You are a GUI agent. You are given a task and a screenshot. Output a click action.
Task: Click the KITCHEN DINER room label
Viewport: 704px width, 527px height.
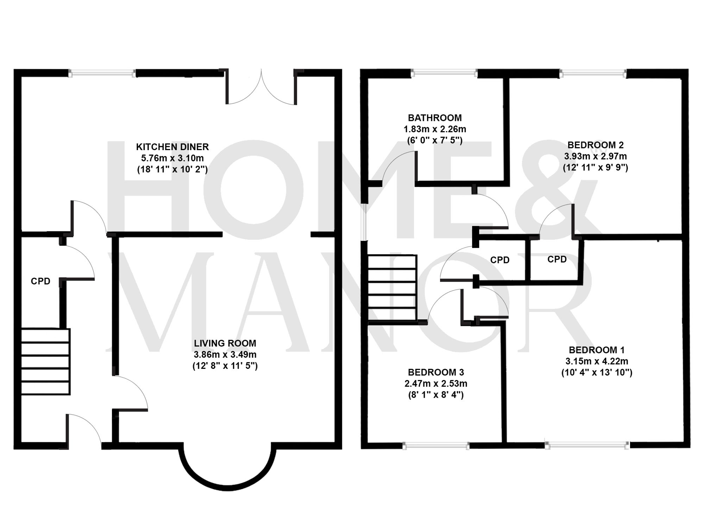[x=172, y=147]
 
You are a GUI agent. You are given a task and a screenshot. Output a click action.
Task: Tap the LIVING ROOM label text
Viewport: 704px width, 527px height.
[x=225, y=343]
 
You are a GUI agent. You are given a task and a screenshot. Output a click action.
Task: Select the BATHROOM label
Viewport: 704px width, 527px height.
[x=435, y=118]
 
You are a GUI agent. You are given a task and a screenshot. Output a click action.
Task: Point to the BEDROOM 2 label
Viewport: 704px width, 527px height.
[x=596, y=145]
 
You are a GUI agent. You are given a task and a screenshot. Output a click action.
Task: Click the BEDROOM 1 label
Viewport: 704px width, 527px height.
[x=597, y=350]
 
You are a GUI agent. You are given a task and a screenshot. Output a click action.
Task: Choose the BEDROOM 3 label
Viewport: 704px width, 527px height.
[x=436, y=372]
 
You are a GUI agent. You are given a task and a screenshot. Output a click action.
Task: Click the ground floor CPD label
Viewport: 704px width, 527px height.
[x=40, y=281]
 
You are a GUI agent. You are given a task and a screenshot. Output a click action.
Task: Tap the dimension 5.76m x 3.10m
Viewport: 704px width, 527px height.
[x=172, y=158]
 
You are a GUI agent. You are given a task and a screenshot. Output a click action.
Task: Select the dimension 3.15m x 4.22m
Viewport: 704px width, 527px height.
[x=597, y=361]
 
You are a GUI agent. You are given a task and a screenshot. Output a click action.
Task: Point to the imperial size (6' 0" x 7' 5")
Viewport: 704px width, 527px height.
[x=435, y=140]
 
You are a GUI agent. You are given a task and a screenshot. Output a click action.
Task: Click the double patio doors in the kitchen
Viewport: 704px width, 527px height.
[x=261, y=88]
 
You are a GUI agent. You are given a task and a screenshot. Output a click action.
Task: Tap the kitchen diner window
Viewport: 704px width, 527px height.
[x=102, y=73]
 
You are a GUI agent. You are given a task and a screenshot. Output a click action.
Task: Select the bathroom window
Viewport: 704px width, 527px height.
[x=444, y=73]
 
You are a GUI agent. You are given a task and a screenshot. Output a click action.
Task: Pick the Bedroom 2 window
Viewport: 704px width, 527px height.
[x=593, y=73]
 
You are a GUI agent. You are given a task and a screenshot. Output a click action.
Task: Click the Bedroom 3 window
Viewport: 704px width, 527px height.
[x=436, y=446]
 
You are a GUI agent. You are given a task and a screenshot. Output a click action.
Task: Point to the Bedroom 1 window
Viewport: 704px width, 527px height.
[x=587, y=445]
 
